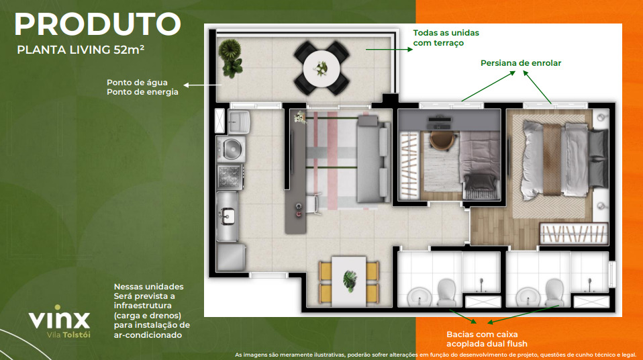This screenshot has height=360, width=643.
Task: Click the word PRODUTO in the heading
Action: [97, 25]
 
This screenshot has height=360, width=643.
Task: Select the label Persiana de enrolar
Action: [520, 63]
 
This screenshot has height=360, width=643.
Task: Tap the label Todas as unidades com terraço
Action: [446, 38]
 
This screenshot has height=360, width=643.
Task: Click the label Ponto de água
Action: [132, 83]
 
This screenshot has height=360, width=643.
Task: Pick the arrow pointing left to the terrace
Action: [203, 85]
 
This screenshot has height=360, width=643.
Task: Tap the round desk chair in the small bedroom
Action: [442, 139]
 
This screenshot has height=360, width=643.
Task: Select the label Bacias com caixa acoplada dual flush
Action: [482, 339]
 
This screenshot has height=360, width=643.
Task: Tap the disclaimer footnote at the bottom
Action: [435, 354]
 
